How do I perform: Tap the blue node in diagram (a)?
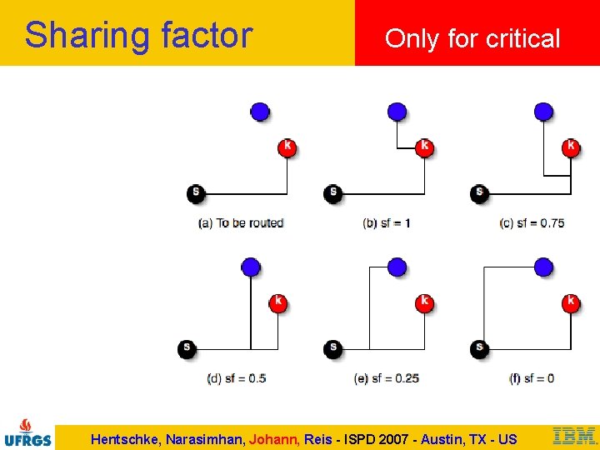(x=260, y=111)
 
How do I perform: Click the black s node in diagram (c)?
(x=479, y=193)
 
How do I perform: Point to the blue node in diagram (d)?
(x=251, y=267)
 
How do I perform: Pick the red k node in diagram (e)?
(x=424, y=302)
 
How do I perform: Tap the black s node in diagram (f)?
(x=479, y=347)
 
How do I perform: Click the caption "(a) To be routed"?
(x=241, y=223)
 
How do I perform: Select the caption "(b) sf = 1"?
(x=387, y=223)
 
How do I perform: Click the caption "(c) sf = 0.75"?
(x=532, y=223)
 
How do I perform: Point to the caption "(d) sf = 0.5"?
(x=237, y=378)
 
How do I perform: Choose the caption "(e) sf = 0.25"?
(x=387, y=378)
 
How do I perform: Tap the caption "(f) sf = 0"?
(x=532, y=378)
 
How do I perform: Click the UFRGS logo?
(x=27, y=432)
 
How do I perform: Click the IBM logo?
(x=575, y=435)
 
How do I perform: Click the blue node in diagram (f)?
(x=544, y=267)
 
